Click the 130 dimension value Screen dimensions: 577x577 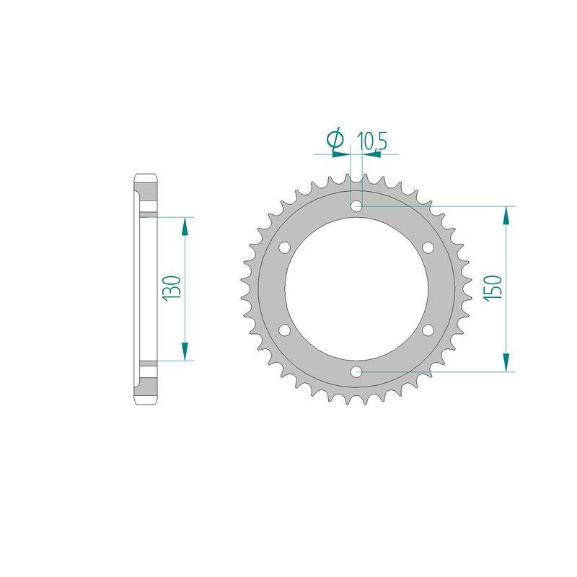172,288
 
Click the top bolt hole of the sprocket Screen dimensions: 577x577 356,207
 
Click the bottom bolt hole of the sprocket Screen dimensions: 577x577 356,371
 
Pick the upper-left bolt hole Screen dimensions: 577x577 284,248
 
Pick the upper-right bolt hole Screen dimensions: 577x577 428,248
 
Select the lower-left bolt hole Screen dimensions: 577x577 284,330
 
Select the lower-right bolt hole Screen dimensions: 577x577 428,330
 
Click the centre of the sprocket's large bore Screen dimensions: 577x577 356,289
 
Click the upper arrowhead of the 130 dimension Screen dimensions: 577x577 185,226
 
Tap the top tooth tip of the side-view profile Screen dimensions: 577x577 144,176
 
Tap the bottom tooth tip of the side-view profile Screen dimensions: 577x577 144,402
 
